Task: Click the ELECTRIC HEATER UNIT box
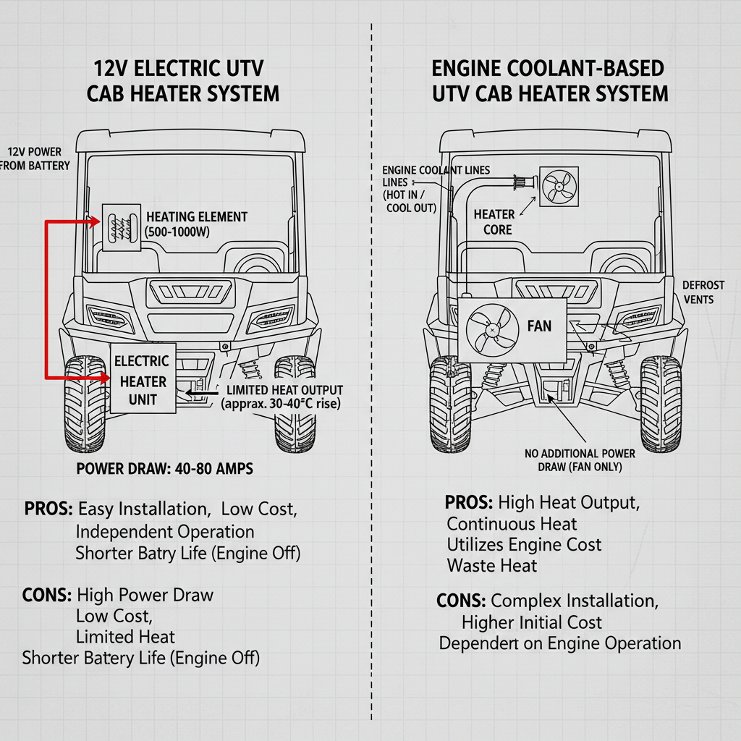coord(143,378)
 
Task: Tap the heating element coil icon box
coord(122,226)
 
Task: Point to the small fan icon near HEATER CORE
coord(558,187)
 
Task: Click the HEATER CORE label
coord(494,222)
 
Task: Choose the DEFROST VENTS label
coord(698,292)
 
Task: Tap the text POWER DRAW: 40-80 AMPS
coord(164,469)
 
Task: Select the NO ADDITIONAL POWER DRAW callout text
coord(580,460)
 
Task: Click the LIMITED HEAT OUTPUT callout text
coord(280,397)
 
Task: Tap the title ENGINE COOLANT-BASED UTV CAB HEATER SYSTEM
coord(549,81)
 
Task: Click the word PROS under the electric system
coord(48,509)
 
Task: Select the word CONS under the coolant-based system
coord(461,601)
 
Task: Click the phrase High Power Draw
coord(145,596)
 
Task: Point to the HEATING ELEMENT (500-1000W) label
coord(196,224)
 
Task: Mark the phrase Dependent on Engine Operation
coord(559,643)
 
